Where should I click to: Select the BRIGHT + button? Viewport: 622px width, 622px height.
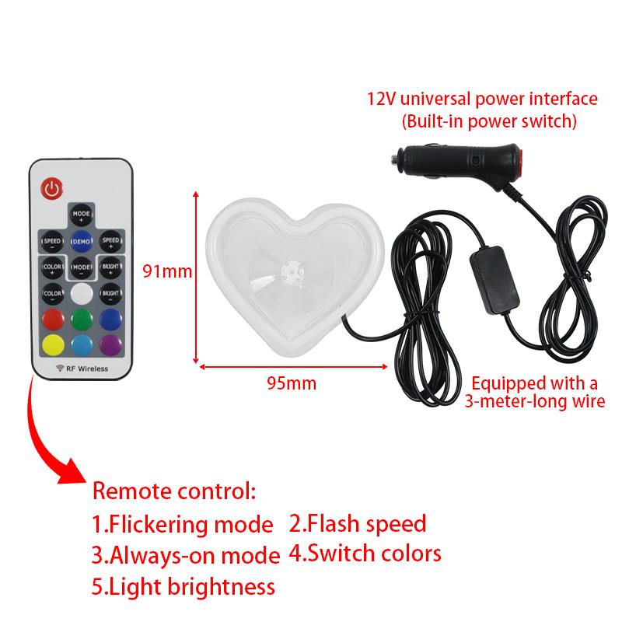pos(110,267)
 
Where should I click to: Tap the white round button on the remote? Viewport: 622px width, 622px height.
pos(82,293)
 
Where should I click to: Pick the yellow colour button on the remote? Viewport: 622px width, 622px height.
pos(52,344)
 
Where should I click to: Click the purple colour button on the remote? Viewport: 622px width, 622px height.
pos(110,344)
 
